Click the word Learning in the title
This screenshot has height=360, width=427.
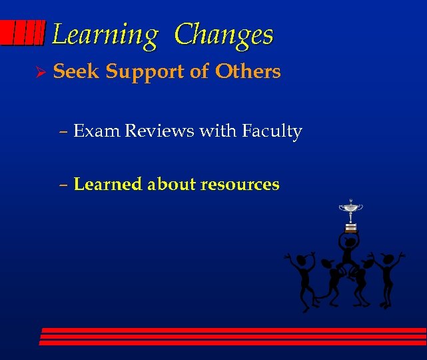[105, 35]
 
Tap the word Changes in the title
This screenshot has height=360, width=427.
[224, 35]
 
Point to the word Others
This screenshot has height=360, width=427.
[248, 71]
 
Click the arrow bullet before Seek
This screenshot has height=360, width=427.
[39, 72]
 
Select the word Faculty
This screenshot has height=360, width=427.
[272, 132]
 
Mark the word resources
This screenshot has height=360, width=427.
[240, 185]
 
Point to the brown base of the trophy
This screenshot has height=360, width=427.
[350, 228]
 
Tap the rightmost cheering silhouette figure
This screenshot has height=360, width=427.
[387, 273]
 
